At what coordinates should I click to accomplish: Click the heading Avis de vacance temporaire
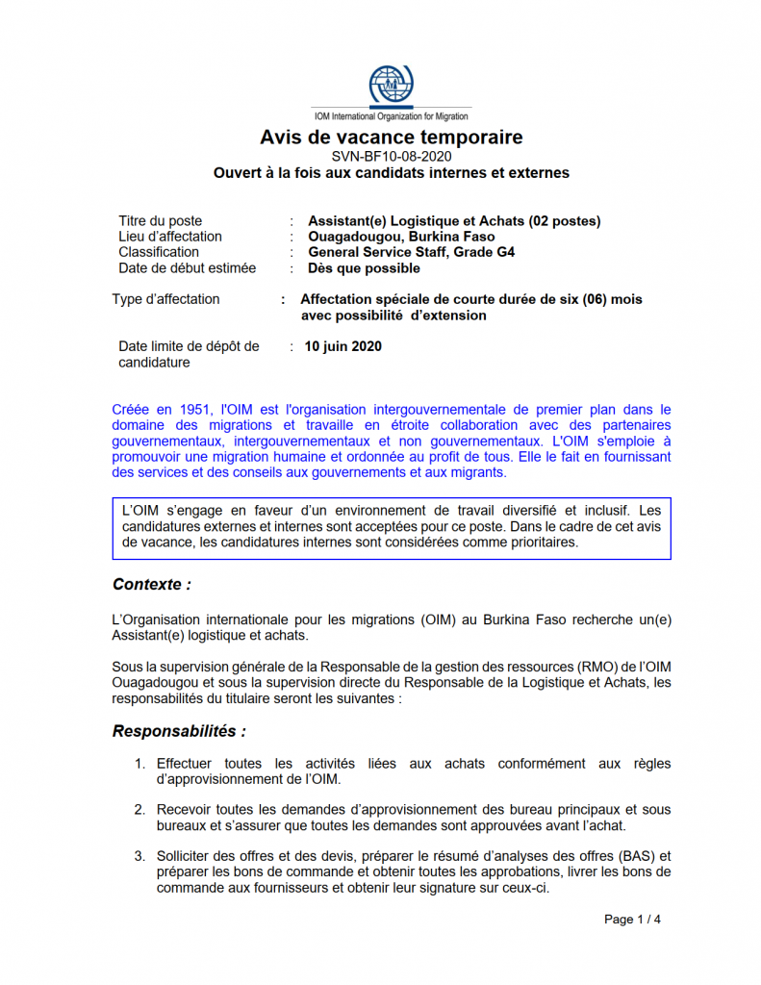(x=391, y=138)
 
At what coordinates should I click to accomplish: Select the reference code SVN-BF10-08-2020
(x=391, y=156)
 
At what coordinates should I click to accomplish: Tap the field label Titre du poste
(x=160, y=221)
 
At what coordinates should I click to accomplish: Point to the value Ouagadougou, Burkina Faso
(x=401, y=237)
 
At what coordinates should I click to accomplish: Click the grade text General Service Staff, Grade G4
(x=411, y=252)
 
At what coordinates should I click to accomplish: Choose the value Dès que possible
(x=364, y=268)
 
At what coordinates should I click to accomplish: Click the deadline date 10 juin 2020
(x=342, y=346)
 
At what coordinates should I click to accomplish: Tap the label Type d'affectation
(x=165, y=299)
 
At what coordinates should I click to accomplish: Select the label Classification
(x=159, y=252)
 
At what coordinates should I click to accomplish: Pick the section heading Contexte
(x=151, y=584)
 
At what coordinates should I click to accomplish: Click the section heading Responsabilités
(x=179, y=731)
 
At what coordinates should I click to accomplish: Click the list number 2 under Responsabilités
(x=140, y=810)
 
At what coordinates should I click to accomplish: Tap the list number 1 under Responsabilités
(x=140, y=764)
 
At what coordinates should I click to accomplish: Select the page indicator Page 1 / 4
(x=632, y=920)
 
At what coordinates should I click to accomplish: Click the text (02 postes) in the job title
(x=565, y=221)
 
